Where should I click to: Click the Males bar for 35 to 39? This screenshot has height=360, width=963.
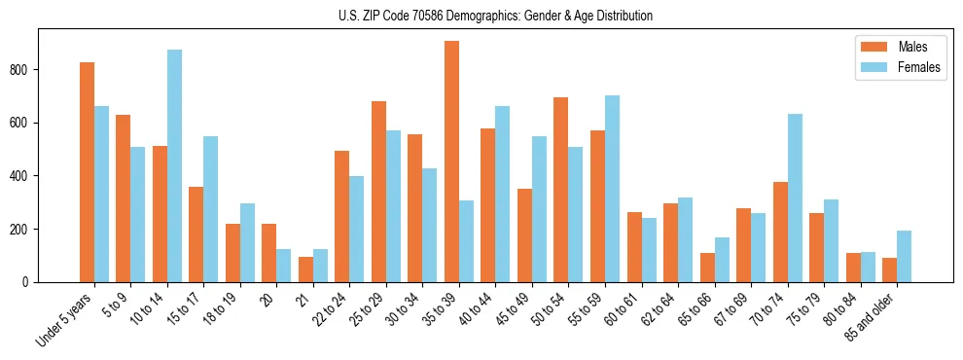[x=451, y=162]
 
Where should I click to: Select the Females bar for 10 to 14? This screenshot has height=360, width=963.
[x=174, y=165]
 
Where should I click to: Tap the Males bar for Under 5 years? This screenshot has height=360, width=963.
[x=87, y=172]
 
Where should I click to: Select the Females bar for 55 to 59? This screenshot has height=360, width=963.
[x=612, y=189]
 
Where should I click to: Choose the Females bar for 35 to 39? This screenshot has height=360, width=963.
[x=466, y=241]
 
